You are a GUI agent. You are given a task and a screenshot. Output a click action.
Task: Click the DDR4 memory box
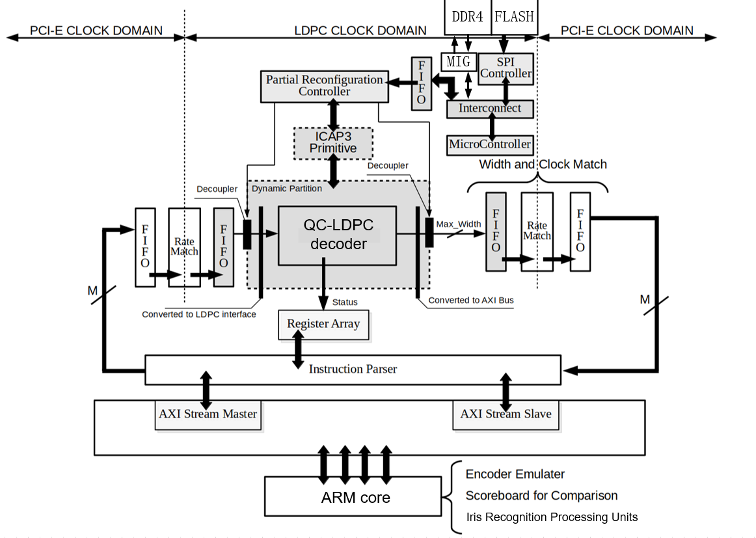[467, 17]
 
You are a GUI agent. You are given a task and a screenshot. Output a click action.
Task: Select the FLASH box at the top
[514, 17]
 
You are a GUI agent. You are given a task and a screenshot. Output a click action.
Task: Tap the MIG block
[459, 62]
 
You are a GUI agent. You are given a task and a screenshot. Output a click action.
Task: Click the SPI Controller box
[506, 68]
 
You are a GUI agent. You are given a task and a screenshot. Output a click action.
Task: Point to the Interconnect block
[490, 109]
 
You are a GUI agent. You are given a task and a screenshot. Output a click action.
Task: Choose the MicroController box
[490, 144]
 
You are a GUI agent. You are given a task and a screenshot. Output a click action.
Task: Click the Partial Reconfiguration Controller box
[324, 86]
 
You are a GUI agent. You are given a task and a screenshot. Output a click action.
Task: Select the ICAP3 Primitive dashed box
[333, 143]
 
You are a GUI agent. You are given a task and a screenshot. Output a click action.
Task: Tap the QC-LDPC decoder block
[337, 235]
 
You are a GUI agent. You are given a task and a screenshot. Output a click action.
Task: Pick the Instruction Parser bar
[352, 370]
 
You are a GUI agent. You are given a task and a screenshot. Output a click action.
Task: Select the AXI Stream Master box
[208, 414]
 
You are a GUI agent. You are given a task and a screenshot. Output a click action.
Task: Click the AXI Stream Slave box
[506, 414]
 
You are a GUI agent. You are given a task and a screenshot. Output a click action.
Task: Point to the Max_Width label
[458, 224]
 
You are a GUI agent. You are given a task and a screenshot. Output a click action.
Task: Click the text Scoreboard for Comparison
[541, 496]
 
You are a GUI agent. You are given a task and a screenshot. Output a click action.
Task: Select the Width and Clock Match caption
[543, 165]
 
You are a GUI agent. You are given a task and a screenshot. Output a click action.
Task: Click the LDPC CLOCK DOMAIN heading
[360, 31]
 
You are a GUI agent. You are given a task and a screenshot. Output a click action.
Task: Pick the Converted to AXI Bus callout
[467, 301]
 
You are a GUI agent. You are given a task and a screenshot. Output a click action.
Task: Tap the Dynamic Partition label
[286, 189]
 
